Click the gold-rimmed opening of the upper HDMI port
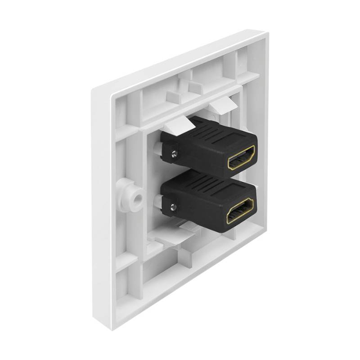[242, 158]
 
